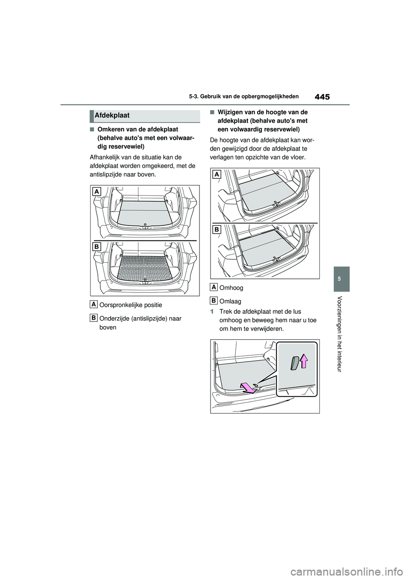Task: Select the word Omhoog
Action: (x=231, y=288)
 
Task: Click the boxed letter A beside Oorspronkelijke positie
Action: (x=94, y=304)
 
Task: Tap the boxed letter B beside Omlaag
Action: (x=214, y=300)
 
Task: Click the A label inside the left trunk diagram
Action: (x=97, y=192)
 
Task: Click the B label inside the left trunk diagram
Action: (x=97, y=246)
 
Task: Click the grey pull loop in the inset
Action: (x=295, y=363)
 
